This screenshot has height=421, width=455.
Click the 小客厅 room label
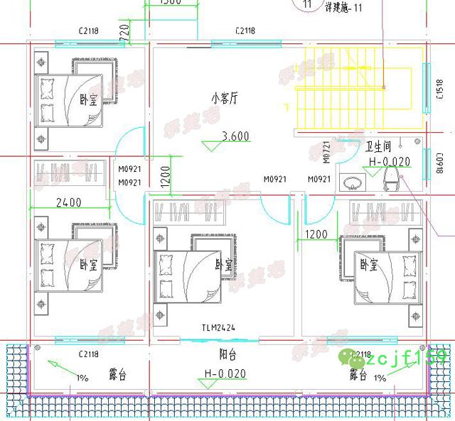(223, 99)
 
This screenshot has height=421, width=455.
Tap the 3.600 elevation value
(235, 136)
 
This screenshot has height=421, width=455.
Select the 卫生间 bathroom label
(378, 147)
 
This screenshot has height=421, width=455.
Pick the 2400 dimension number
(69, 202)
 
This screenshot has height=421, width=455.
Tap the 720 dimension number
(123, 31)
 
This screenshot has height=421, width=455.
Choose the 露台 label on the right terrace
(357, 378)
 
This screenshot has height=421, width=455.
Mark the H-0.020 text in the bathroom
(390, 162)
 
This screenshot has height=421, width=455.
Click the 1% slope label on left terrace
(82, 378)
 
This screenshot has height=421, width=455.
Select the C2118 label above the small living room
(245, 31)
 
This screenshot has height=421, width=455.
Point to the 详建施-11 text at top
(343, 8)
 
